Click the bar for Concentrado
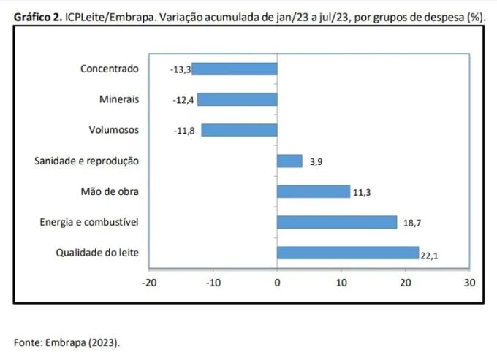pyautogui.click(x=235, y=69)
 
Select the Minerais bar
pyautogui.click(x=238, y=99)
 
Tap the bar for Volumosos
pyautogui.click(x=239, y=130)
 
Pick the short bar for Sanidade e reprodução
pyautogui.click(x=289, y=161)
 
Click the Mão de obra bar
pyautogui.click(x=314, y=191)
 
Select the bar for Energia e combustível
pyautogui.click(x=337, y=222)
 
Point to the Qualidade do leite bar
pyautogui.click(x=348, y=253)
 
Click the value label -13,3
pyautogui.click(x=181, y=69)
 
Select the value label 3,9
pyautogui.click(x=316, y=162)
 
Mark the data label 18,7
pyautogui.click(x=411, y=223)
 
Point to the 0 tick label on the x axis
pyautogui.click(x=277, y=282)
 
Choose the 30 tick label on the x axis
pyautogui.click(x=469, y=282)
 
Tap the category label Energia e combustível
pyautogui.click(x=89, y=222)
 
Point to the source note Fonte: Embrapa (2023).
pyautogui.click(x=67, y=341)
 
